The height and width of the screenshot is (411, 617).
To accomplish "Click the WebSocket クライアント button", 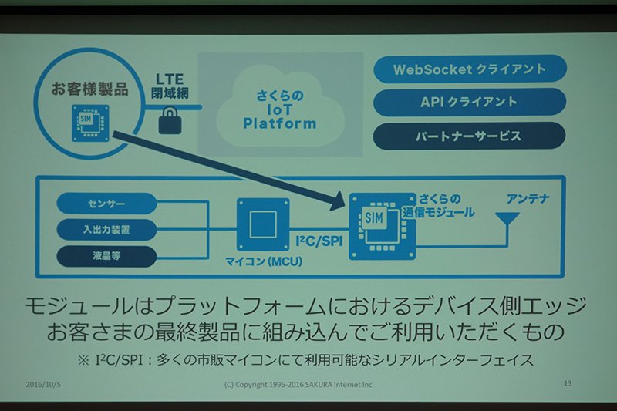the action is [x=470, y=69].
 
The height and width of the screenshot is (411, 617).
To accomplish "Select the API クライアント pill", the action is [x=469, y=103].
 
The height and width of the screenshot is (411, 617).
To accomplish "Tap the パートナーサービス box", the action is [x=469, y=136].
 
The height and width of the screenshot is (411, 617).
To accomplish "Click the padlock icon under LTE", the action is [x=170, y=120].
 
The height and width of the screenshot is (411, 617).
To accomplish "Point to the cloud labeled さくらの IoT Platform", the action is [x=279, y=106].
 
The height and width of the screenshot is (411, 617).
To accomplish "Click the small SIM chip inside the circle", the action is [x=90, y=123].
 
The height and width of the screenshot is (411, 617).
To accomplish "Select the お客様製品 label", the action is [x=89, y=89].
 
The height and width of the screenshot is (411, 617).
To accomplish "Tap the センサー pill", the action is [x=106, y=204].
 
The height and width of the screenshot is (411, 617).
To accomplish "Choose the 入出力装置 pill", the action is [x=106, y=230].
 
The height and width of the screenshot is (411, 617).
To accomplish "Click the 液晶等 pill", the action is [x=106, y=256].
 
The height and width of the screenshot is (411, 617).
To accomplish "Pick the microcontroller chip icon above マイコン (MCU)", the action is [x=263, y=224].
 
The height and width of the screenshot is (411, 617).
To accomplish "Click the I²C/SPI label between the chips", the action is [x=319, y=241].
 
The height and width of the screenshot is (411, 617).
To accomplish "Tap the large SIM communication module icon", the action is [x=383, y=226].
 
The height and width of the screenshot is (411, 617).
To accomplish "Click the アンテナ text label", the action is [x=528, y=199].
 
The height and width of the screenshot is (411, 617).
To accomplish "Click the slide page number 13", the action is [x=568, y=383].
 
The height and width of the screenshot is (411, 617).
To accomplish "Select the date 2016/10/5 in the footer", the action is [x=43, y=384].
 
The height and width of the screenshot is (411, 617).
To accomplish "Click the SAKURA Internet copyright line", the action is [x=298, y=384].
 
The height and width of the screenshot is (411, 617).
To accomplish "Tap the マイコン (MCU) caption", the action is [x=264, y=261].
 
